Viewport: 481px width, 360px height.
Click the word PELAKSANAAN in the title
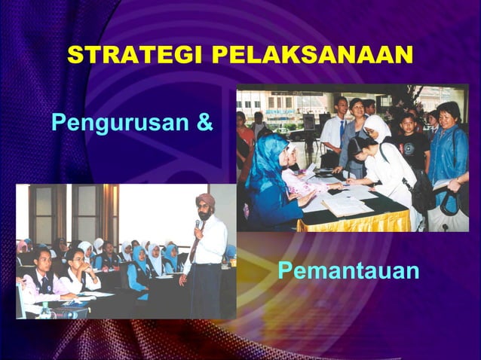311,55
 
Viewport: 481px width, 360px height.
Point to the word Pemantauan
348,270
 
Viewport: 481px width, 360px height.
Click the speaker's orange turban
204,202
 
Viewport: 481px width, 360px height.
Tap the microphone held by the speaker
198,224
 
